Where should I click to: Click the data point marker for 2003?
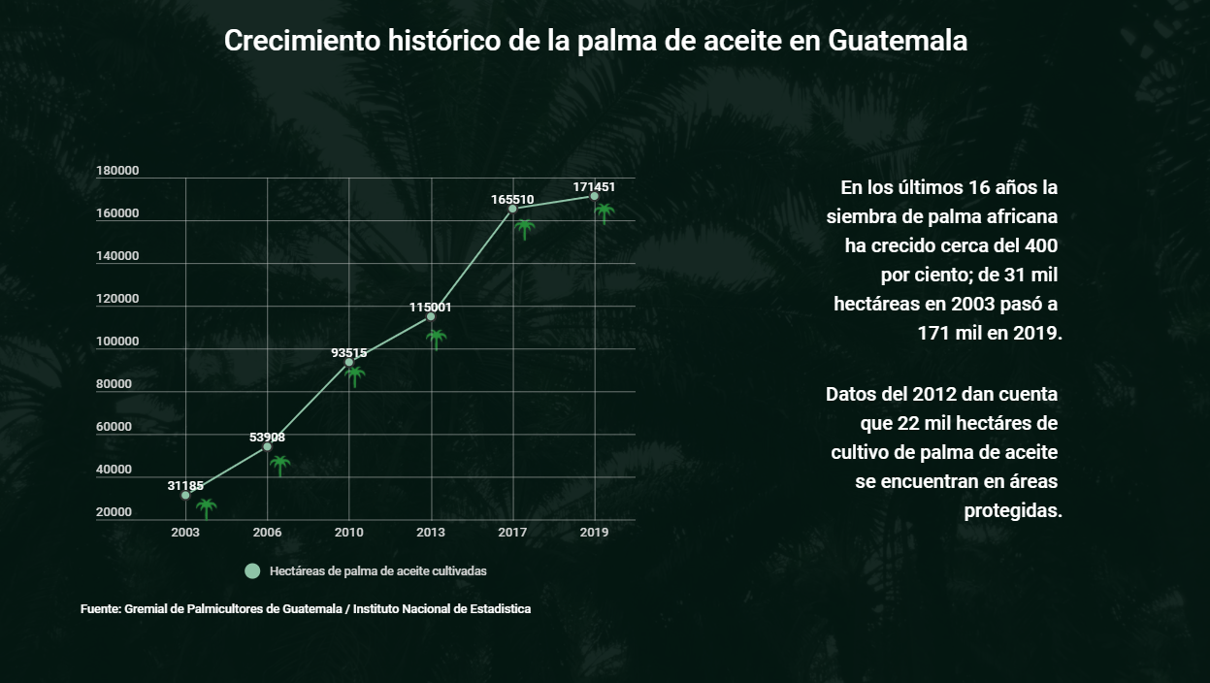(185, 495)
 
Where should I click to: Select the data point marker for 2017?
(512, 209)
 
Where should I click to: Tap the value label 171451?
(594, 186)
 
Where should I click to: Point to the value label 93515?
(348, 353)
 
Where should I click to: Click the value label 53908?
(267, 438)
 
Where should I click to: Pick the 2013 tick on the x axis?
(431, 533)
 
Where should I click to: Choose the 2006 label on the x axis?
(267, 533)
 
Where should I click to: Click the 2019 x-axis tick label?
(594, 533)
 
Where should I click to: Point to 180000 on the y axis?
(117, 171)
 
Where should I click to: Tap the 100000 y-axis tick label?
(117, 341)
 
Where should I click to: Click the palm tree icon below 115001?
(437, 339)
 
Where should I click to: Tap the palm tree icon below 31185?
(206, 507)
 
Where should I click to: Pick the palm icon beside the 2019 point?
(605, 212)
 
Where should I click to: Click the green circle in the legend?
(252, 571)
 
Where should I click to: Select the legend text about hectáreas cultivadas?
(378, 571)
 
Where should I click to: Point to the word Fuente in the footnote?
(100, 609)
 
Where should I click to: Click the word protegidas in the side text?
(1013, 510)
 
